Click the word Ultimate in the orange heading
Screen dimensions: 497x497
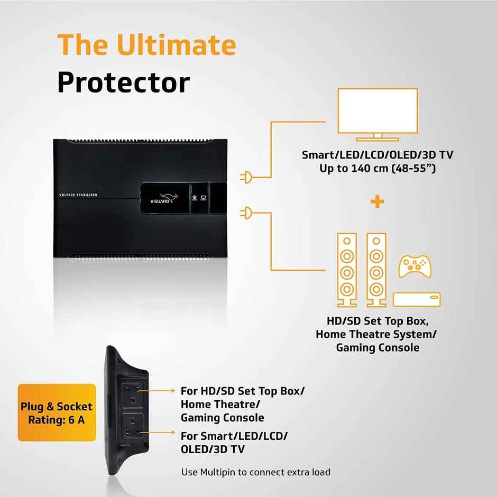tap(176, 45)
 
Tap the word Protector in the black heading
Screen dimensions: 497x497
tap(123, 83)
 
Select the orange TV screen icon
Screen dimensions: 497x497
tap(378, 114)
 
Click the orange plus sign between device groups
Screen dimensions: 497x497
tap(378, 201)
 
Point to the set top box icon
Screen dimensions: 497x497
tap(417, 300)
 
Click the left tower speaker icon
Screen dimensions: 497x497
tap(347, 270)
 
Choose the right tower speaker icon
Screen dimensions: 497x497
tap(376, 270)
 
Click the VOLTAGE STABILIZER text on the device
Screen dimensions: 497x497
tap(78, 195)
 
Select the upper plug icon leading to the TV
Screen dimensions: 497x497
tap(246, 178)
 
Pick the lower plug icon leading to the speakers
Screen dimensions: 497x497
tap(246, 214)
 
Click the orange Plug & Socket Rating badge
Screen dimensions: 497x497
tap(57, 413)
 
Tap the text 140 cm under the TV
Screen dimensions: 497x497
tap(363, 169)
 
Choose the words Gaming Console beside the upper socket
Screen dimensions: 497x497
tap(222, 418)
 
